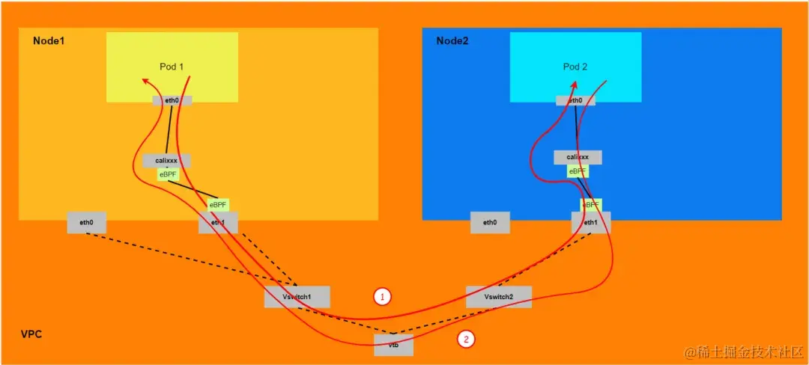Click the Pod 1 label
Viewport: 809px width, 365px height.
tap(172, 67)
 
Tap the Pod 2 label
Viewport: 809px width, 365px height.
tap(575, 67)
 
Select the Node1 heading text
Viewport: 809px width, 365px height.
tap(49, 40)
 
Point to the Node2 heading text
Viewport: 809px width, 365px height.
tap(452, 40)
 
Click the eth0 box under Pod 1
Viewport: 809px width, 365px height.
tap(172, 100)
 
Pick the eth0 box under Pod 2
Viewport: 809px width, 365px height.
tap(575, 100)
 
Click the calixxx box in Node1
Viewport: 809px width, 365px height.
tap(166, 161)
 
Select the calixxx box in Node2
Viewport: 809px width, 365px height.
tap(578, 157)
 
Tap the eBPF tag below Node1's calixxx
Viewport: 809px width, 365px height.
tap(168, 174)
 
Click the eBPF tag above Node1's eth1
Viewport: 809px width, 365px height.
tap(218, 204)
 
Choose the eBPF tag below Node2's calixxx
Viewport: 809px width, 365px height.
tap(578, 171)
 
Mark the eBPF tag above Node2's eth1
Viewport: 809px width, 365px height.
tap(591, 204)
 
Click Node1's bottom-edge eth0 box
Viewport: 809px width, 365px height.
tap(86, 222)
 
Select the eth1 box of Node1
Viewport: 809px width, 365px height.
tap(218, 222)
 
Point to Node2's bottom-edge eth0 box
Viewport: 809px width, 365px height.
tap(490, 222)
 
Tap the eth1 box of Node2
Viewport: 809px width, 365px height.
tap(591, 222)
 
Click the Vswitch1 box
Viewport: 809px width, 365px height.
tap(297, 296)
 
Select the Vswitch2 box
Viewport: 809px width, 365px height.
tap(499, 296)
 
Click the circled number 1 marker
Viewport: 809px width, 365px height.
tap(383, 297)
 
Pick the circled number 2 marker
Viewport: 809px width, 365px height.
tap(466, 339)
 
